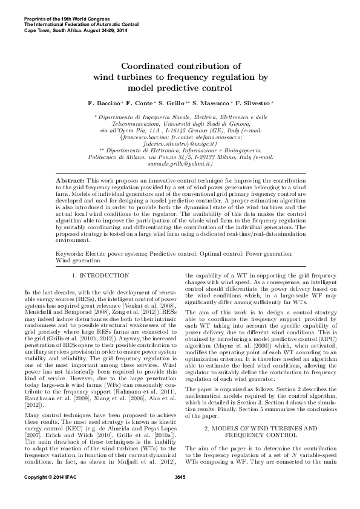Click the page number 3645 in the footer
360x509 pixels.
[179, 495]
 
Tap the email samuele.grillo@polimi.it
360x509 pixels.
[179, 164]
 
